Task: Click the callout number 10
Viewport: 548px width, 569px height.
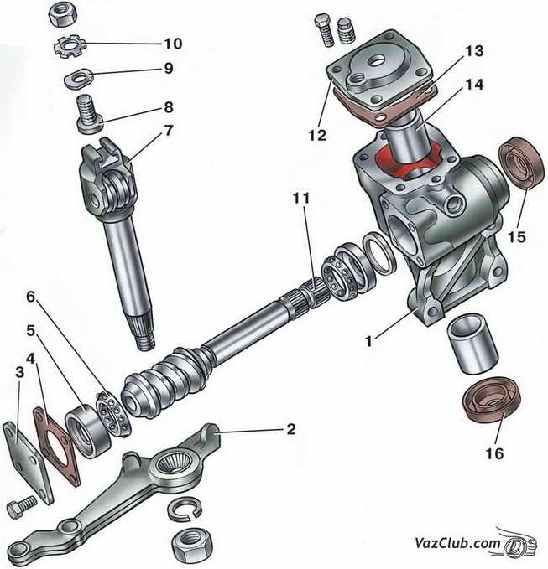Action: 173,43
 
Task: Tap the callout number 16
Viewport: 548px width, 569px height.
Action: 493,453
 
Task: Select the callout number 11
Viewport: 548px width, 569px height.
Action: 301,199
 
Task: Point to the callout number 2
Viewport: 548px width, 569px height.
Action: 290,430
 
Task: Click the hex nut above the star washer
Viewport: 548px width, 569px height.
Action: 62,13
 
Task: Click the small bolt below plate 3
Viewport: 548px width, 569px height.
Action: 21,510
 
